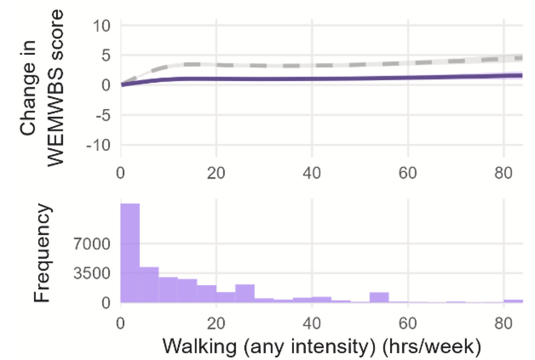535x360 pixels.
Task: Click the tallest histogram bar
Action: pyautogui.click(x=130, y=253)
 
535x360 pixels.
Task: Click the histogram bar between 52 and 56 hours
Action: pyautogui.click(x=379, y=298)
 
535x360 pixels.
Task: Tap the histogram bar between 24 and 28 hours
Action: pyautogui.click(x=245, y=294)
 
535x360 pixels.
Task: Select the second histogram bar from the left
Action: pyautogui.click(x=149, y=284)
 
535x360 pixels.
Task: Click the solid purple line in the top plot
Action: pyautogui.click(x=307, y=79)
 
